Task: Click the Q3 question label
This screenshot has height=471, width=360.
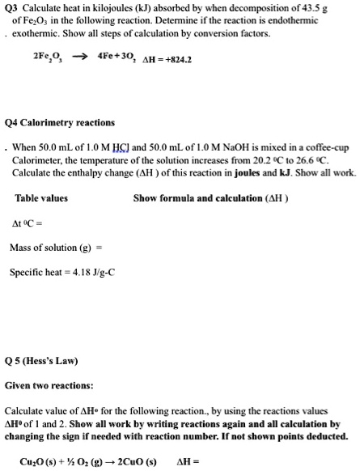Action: (x=12, y=7)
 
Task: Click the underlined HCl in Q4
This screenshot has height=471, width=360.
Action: (x=129, y=147)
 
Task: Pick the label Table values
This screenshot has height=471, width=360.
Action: (x=41, y=198)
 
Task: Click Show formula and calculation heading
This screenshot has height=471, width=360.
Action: (x=210, y=198)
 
